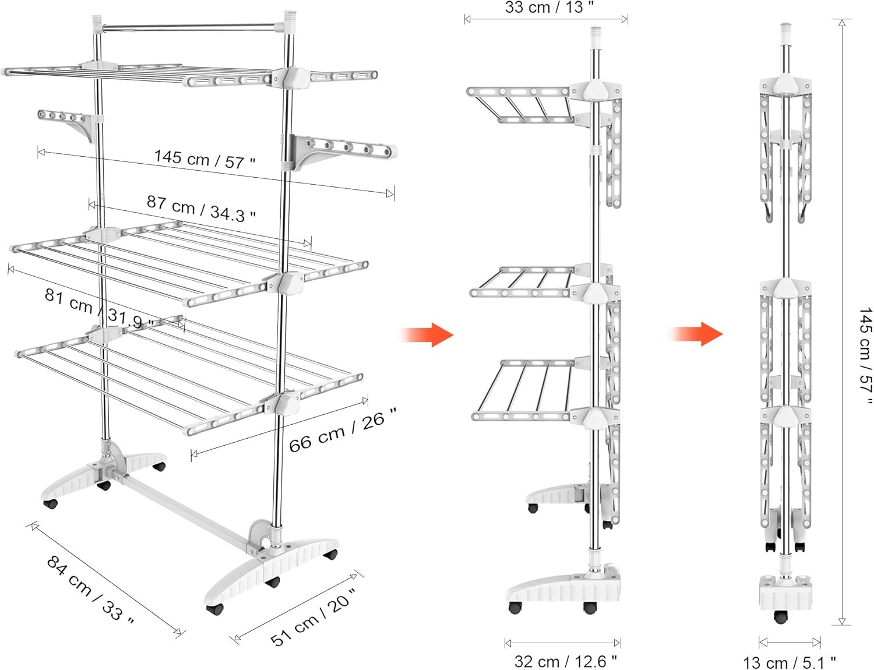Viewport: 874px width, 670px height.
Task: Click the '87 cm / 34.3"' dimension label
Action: (x=200, y=209)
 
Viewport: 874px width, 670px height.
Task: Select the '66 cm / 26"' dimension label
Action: (x=343, y=429)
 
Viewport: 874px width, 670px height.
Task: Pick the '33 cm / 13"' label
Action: (x=549, y=7)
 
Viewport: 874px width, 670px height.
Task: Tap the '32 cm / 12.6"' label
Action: (x=566, y=661)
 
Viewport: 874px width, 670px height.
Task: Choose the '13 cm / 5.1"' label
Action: (x=790, y=662)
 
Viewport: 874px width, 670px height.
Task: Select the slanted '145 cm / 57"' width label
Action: (x=205, y=159)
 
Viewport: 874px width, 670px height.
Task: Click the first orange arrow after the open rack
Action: (x=427, y=334)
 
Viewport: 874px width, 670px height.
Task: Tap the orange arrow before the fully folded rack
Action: (x=696, y=334)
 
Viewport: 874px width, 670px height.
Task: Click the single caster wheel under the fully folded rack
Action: (x=780, y=616)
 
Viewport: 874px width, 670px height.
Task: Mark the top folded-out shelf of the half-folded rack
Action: (x=521, y=104)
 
